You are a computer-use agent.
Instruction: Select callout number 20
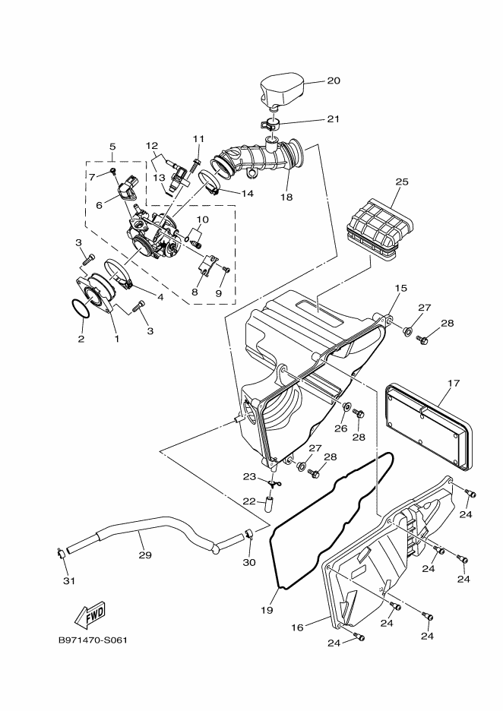[334, 81]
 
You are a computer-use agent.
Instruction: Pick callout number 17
[453, 383]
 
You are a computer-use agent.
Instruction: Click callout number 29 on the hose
[145, 555]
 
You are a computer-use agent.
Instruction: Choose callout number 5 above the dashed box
[112, 147]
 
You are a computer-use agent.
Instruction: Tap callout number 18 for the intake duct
[286, 197]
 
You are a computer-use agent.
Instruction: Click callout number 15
[400, 289]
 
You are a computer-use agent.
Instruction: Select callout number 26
[341, 428]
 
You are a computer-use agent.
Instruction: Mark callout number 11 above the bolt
[198, 138]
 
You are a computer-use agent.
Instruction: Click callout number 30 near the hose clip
[248, 563]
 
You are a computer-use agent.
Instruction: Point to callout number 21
[334, 118]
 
